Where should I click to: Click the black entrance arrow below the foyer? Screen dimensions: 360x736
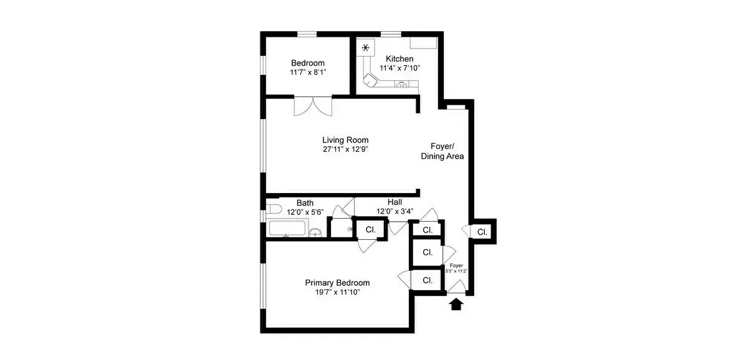pyautogui.click(x=456, y=304)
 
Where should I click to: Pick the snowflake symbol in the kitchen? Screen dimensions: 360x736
pyautogui.click(x=365, y=47)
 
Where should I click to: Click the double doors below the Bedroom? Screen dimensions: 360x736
pyautogui.click(x=313, y=106)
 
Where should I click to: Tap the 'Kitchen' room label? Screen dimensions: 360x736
pyautogui.click(x=399, y=59)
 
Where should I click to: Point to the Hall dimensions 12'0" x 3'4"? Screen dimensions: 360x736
pyautogui.click(x=394, y=212)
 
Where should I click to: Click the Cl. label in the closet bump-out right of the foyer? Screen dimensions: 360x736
pyautogui.click(x=482, y=232)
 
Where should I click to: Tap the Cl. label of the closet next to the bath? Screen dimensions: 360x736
pyautogui.click(x=370, y=229)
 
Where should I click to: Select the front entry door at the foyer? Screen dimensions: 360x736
pyautogui.click(x=456, y=287)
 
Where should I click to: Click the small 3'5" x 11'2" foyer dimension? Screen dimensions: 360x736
pyautogui.click(x=456, y=271)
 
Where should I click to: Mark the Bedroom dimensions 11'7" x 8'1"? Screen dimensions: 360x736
pyautogui.click(x=308, y=72)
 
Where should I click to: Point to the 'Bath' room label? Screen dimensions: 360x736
pyautogui.click(x=305, y=202)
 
